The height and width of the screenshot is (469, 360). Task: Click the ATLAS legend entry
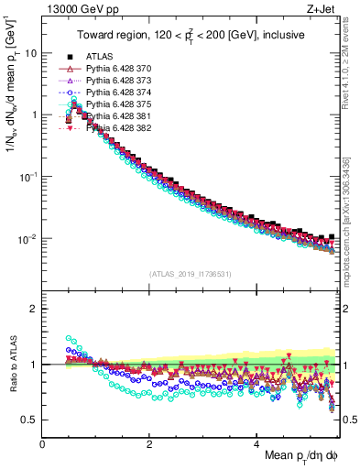[x=99, y=56]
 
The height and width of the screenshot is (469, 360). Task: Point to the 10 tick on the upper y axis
[x=31, y=53]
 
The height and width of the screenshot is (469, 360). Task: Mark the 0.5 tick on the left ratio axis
[x=29, y=420]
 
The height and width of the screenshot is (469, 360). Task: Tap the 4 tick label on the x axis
[x=257, y=442]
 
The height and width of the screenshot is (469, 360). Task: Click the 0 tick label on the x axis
[x=43, y=442]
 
